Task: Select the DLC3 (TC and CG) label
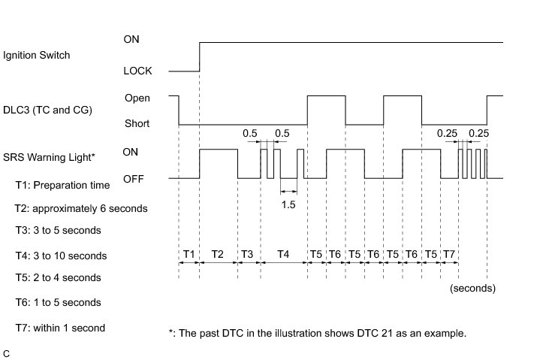click(x=47, y=110)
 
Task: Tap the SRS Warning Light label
click(x=49, y=157)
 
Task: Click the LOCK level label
click(x=137, y=71)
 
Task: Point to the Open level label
click(x=137, y=98)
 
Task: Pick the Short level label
click(x=137, y=124)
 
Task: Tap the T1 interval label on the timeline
click(x=189, y=254)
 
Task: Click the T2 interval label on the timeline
click(x=218, y=254)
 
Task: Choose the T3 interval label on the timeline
click(x=247, y=254)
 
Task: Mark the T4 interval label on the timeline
click(x=282, y=254)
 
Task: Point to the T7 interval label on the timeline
click(x=449, y=254)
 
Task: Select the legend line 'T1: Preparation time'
click(x=62, y=185)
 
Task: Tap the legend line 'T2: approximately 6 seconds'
click(x=80, y=208)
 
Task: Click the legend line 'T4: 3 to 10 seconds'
click(x=61, y=256)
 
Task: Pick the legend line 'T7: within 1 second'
click(x=60, y=328)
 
